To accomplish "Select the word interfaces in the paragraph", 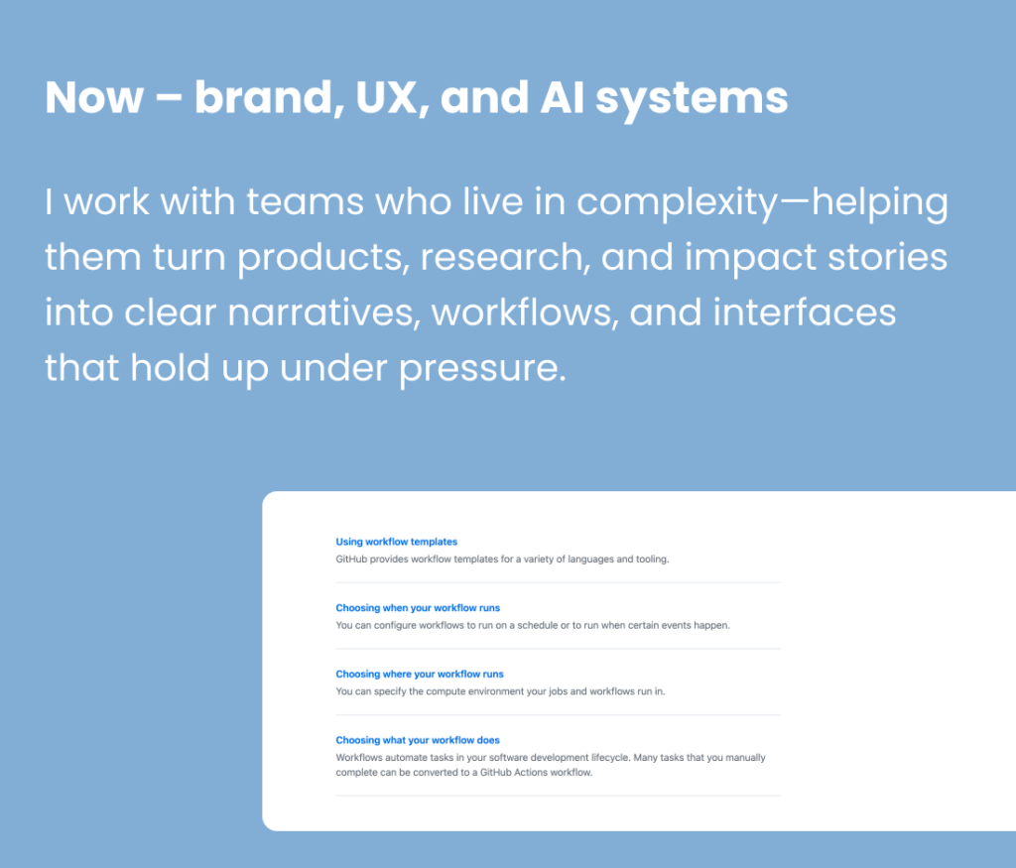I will coord(814,313).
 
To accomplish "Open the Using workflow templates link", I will coord(396,542).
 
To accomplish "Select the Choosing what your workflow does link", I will coord(418,740).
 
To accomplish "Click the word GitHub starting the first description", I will coord(351,559).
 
